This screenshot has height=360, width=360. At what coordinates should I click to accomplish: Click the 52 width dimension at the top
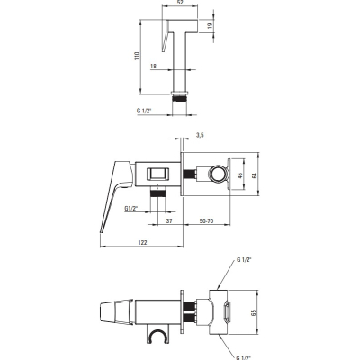pos(180,3)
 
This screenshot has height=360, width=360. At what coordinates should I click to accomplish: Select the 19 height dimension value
pos(210,25)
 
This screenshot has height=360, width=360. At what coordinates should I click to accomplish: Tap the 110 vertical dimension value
pos(138,57)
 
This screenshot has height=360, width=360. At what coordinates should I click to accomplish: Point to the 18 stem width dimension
pos(153,66)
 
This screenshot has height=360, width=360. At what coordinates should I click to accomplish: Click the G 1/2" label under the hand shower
pos(144,111)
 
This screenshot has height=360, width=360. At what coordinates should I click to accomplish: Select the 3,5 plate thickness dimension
pos(200,135)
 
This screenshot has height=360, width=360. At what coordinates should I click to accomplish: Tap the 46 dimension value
pos(240,175)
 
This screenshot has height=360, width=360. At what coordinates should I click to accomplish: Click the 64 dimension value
pos(255,175)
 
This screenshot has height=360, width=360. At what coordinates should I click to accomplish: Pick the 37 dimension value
pos(169,221)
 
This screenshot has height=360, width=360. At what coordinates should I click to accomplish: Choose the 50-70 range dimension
pos(206,221)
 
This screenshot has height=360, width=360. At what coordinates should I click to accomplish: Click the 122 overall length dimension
pos(142,243)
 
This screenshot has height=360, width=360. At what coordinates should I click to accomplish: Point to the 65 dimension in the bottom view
pos(254,313)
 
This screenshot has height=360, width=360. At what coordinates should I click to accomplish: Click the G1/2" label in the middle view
pos(131,208)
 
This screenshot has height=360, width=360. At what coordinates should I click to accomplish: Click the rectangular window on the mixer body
pos(158,175)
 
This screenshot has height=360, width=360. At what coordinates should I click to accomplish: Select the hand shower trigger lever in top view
pos(166,36)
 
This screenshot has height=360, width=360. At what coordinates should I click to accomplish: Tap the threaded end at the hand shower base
pos(180,98)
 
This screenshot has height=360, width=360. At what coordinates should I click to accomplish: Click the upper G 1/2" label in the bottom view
pos(244,260)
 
